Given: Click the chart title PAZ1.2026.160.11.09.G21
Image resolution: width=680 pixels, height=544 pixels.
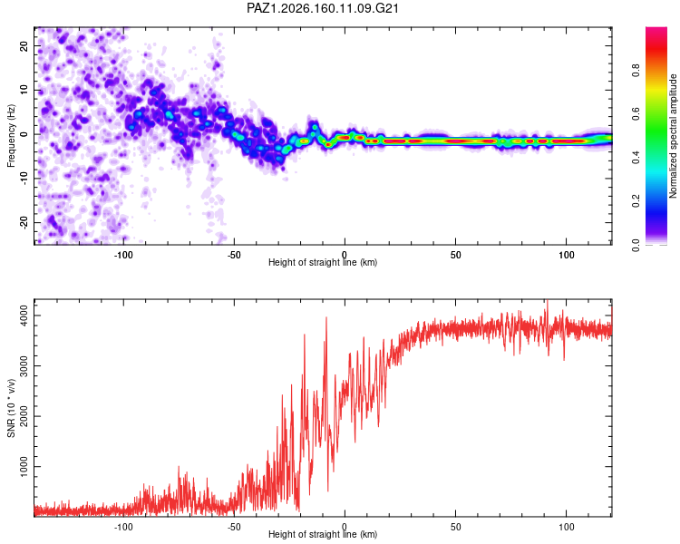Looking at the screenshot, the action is pyautogui.click(x=323, y=8).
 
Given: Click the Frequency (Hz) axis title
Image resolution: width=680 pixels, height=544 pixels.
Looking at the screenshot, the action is pyautogui.click(x=11, y=136).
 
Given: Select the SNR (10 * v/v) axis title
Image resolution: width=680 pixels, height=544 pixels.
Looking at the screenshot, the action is pyautogui.click(x=11, y=408).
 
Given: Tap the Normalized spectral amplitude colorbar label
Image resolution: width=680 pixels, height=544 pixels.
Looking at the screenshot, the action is pyautogui.click(x=673, y=136).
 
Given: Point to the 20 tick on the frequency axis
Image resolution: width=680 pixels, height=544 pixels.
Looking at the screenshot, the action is pyautogui.click(x=24, y=46).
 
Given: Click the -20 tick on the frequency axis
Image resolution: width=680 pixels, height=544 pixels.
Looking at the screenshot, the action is pyautogui.click(x=24, y=222).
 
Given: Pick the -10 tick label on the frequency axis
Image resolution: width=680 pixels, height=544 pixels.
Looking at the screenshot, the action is pyautogui.click(x=24, y=179).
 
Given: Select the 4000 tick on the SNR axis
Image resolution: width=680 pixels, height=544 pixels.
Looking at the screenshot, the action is pyautogui.click(x=24, y=316).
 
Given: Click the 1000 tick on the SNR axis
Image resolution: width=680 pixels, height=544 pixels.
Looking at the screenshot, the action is pyautogui.click(x=24, y=466).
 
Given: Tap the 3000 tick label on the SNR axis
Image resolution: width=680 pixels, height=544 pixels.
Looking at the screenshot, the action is pyautogui.click(x=24, y=365).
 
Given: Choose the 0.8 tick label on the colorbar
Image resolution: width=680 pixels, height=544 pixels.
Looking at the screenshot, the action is pyautogui.click(x=636, y=71).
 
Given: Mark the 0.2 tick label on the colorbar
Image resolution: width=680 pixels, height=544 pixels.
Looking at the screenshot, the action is pyautogui.click(x=636, y=201).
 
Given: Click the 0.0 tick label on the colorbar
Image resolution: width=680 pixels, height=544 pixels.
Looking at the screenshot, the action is pyautogui.click(x=636, y=245).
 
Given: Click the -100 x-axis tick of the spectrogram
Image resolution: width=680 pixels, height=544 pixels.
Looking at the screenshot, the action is pyautogui.click(x=123, y=255).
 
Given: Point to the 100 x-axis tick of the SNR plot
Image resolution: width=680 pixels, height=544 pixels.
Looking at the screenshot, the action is pyautogui.click(x=567, y=527).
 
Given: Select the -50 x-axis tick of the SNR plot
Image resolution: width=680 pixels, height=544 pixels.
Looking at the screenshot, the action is pyautogui.click(x=234, y=527).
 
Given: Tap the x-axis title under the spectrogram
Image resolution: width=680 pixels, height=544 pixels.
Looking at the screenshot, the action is pyautogui.click(x=323, y=262).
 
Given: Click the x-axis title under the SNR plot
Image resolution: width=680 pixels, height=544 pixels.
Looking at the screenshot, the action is pyautogui.click(x=323, y=534).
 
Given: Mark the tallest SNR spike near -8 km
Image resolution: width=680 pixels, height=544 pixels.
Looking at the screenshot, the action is pyautogui.click(x=326, y=318).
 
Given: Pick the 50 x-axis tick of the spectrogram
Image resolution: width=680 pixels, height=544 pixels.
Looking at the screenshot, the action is pyautogui.click(x=455, y=255).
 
